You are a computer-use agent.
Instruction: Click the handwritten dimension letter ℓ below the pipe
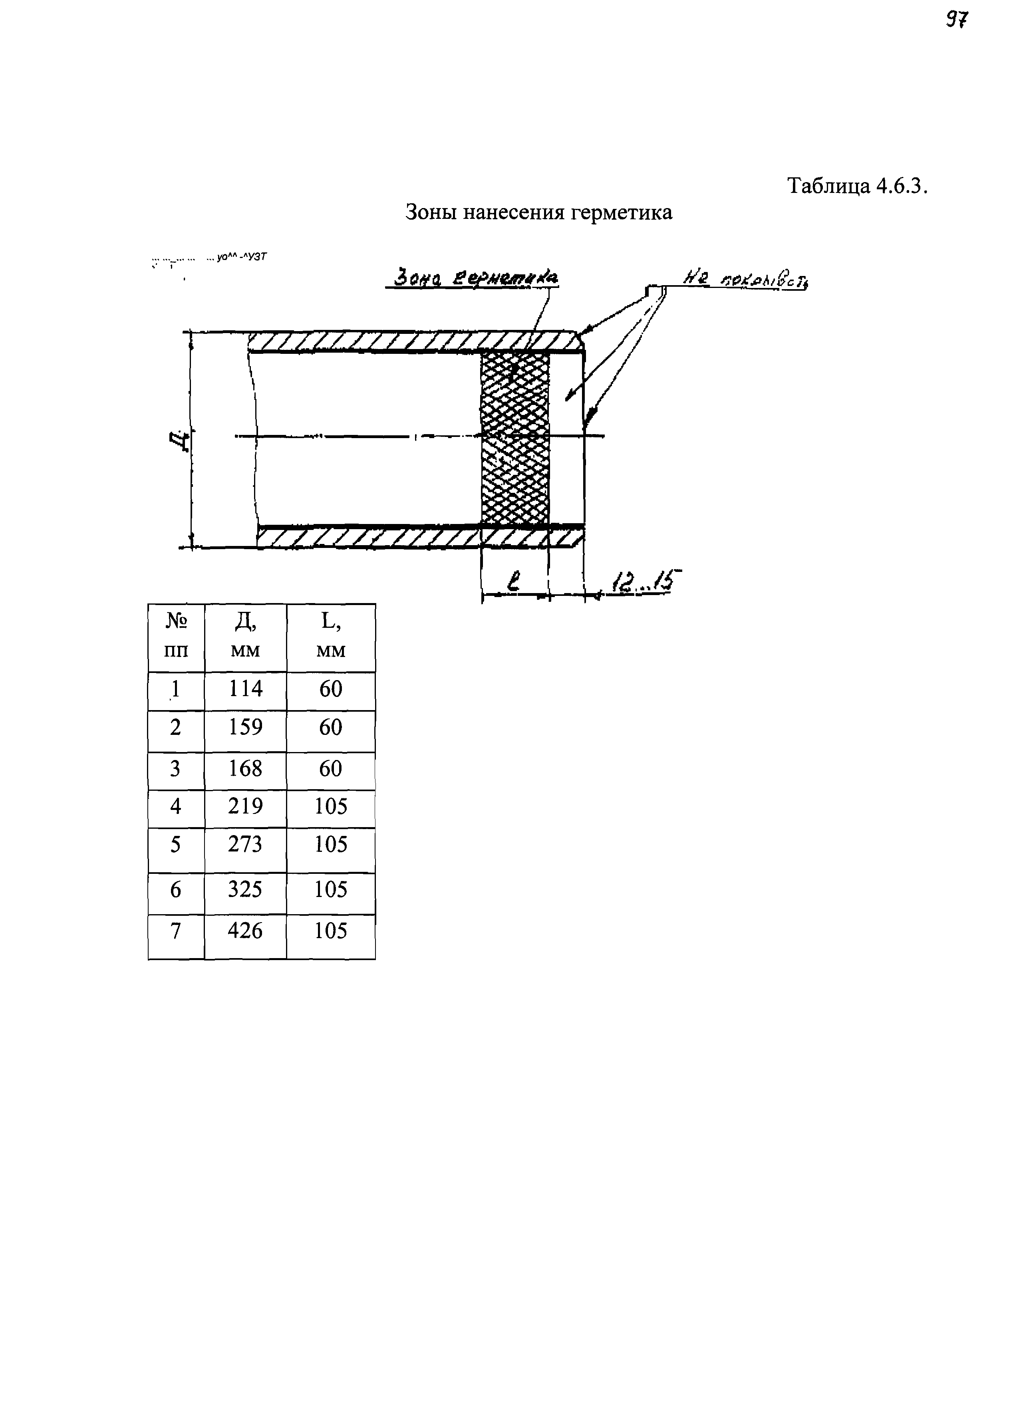514,583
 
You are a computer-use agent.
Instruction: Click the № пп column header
176,636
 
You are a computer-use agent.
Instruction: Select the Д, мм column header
245,636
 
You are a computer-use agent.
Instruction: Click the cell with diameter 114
245,689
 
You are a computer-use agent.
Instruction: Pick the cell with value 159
245,727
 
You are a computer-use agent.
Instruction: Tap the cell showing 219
245,806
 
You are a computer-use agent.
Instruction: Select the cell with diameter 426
245,931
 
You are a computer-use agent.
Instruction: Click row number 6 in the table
176,890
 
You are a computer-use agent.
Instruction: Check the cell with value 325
245,890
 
